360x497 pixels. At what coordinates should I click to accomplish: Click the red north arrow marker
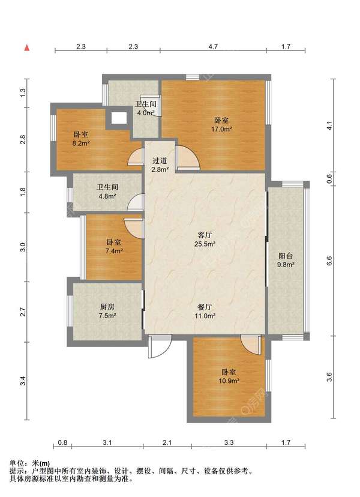(27, 48)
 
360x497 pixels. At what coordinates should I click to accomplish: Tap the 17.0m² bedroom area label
(221, 125)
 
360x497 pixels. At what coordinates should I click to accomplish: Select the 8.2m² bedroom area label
(81, 139)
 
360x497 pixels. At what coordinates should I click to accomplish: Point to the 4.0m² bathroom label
(146, 108)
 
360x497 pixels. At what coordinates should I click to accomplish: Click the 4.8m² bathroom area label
(107, 191)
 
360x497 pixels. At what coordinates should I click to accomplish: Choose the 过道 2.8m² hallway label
(160, 165)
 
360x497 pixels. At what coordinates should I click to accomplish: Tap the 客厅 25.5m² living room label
(205, 239)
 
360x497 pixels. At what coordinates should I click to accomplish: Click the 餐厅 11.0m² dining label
(205, 312)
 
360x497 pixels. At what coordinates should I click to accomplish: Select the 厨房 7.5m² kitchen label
(107, 311)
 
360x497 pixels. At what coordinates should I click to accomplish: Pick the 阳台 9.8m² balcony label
(286, 260)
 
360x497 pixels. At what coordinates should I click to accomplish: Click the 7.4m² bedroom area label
(114, 247)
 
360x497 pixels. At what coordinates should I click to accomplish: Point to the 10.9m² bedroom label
(229, 376)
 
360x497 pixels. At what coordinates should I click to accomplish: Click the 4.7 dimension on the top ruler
(213, 47)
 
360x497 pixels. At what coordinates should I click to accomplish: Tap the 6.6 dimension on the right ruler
(329, 261)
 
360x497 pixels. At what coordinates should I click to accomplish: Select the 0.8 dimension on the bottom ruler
(63, 442)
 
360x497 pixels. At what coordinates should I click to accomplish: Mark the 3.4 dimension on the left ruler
(23, 381)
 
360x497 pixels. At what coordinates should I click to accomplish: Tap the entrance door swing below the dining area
(160, 346)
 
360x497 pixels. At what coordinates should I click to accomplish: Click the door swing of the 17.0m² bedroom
(188, 157)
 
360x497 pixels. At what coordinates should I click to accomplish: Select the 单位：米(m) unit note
(30, 463)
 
